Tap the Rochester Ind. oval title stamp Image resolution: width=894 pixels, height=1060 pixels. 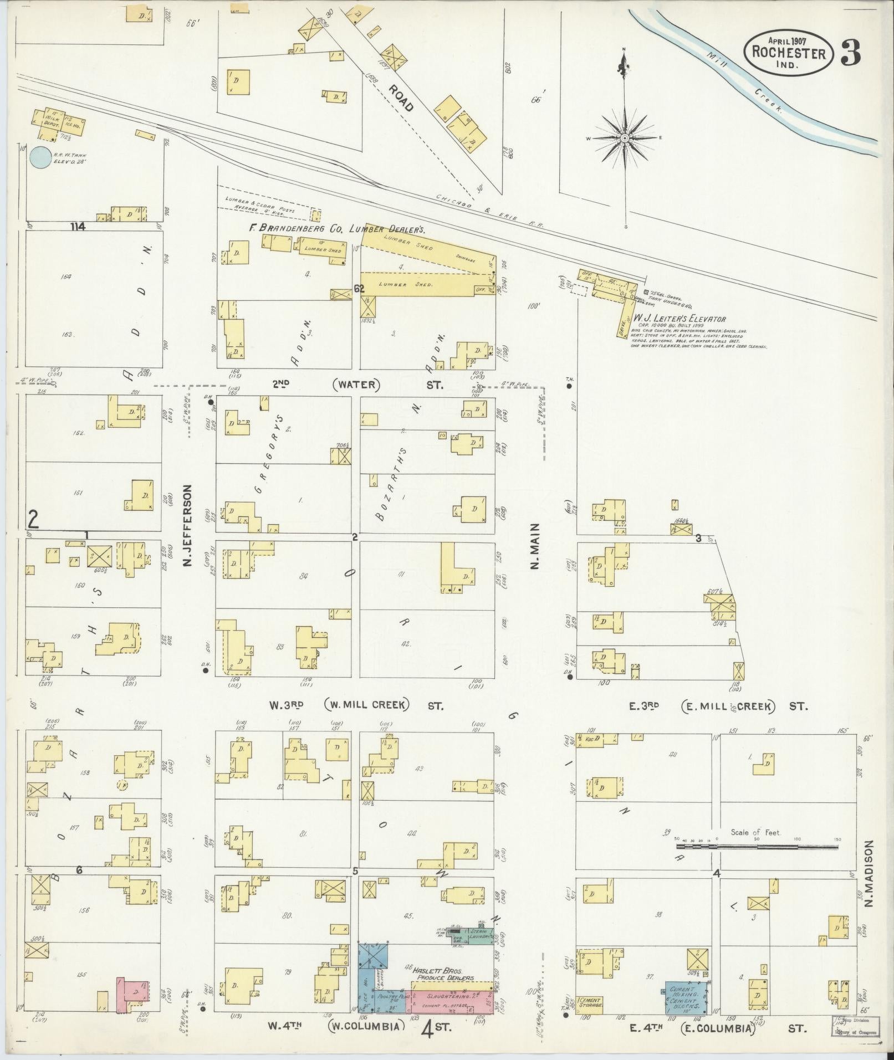pos(788,53)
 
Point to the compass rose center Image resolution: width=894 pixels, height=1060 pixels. pos(625,137)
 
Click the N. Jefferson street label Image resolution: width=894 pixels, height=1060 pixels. pos(187,527)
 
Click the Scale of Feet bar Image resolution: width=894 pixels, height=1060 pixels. pos(757,862)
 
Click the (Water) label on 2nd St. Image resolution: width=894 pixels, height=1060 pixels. pos(356,385)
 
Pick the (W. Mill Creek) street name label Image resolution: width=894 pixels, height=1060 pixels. pos(367,705)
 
